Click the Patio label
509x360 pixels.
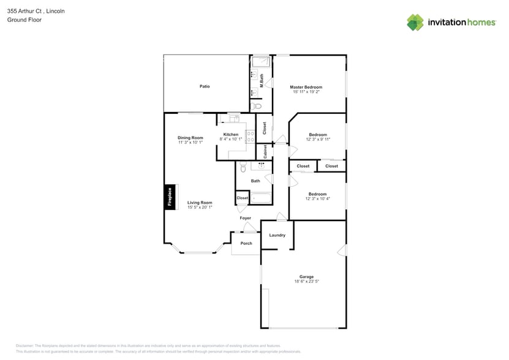click(x=205, y=86)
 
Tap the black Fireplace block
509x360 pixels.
click(x=170, y=197)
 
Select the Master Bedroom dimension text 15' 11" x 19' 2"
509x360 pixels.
click(x=306, y=92)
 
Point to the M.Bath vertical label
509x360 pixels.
click(x=262, y=80)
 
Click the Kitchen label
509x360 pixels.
click(x=231, y=134)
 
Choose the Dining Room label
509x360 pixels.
click(x=190, y=138)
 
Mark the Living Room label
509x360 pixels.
click(x=200, y=203)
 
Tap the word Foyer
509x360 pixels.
click(x=245, y=218)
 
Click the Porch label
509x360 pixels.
click(x=246, y=243)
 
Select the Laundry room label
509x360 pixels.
click(x=277, y=235)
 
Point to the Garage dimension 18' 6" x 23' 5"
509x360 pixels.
click(x=306, y=281)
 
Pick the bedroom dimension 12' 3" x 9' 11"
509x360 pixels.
click(x=318, y=139)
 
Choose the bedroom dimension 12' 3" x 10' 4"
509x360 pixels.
click(x=318, y=198)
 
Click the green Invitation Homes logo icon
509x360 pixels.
click(x=415, y=23)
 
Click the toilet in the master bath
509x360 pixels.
click(x=257, y=106)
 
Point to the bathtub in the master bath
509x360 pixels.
click(x=262, y=62)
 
